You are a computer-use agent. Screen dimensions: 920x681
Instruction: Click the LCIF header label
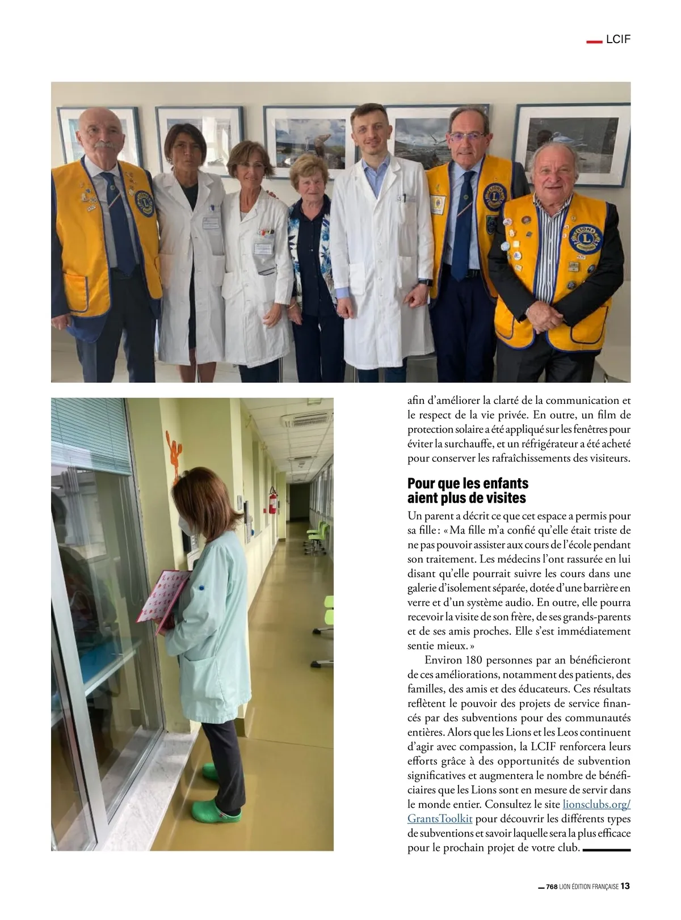(619, 40)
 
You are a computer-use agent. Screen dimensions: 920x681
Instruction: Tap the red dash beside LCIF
(594, 41)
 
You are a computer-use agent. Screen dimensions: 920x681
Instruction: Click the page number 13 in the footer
(625, 886)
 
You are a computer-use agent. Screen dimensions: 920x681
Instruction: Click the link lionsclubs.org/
(596, 804)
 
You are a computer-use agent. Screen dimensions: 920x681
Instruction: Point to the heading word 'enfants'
(502, 483)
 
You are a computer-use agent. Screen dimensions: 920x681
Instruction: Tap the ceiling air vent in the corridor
(305, 420)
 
